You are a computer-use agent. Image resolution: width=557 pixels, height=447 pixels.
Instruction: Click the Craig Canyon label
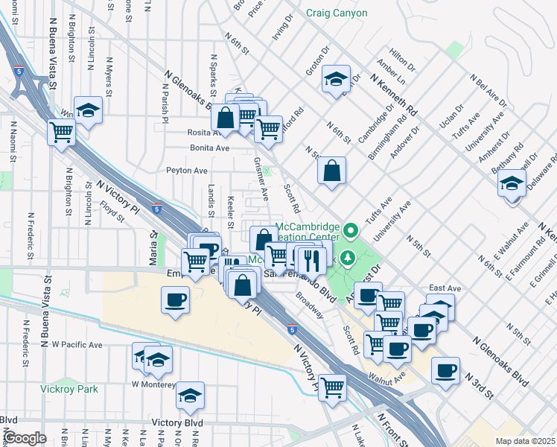point(336,13)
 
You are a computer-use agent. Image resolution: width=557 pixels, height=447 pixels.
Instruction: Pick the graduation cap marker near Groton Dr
point(336,79)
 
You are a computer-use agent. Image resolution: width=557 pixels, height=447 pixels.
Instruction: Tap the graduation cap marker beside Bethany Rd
point(512,183)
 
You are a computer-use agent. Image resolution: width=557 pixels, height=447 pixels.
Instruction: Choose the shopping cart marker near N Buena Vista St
point(61,133)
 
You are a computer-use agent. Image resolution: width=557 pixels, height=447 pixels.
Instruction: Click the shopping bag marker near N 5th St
point(331,170)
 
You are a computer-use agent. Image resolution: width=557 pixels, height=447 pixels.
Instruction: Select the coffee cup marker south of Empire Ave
point(176,300)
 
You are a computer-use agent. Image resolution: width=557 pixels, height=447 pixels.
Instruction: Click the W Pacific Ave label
point(77,345)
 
